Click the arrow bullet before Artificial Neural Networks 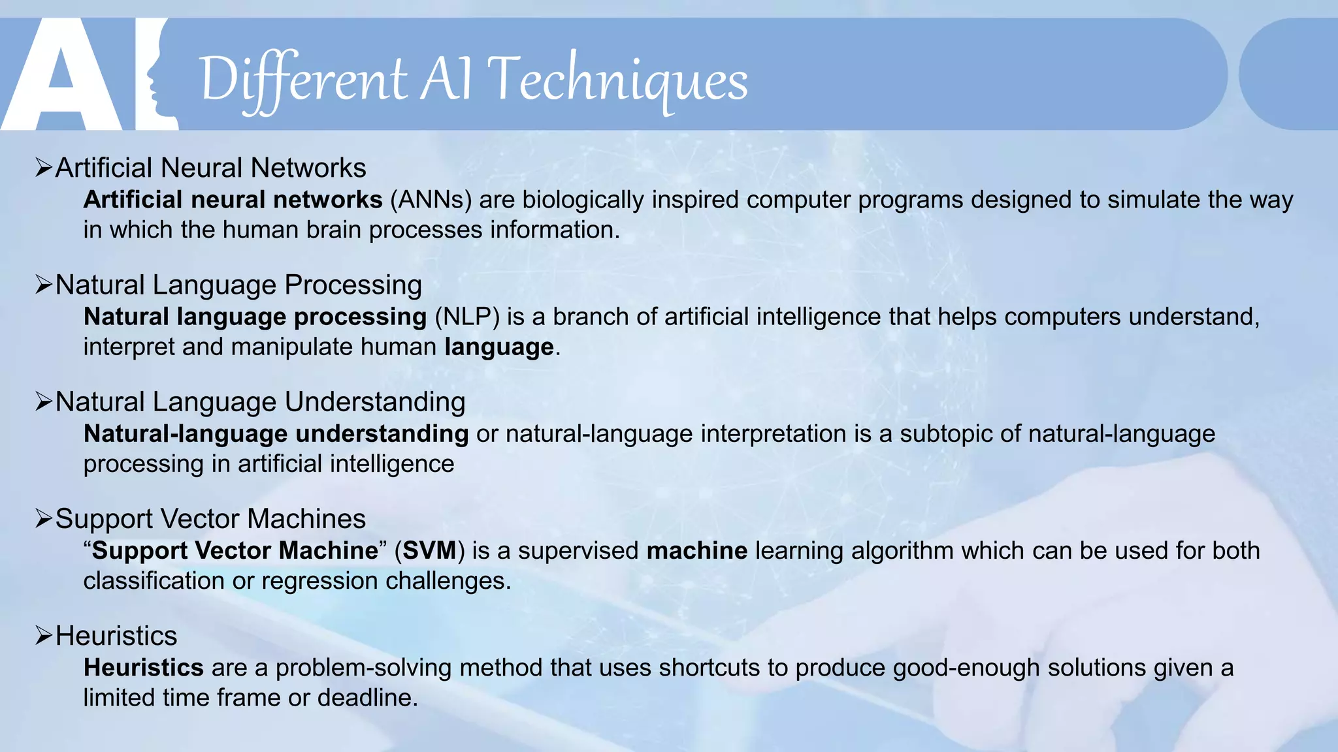44,168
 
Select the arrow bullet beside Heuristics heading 44,636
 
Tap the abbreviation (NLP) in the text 467,317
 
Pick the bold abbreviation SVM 429,550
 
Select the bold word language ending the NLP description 499,347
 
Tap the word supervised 578,550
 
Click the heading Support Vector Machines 210,519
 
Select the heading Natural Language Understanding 260,402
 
